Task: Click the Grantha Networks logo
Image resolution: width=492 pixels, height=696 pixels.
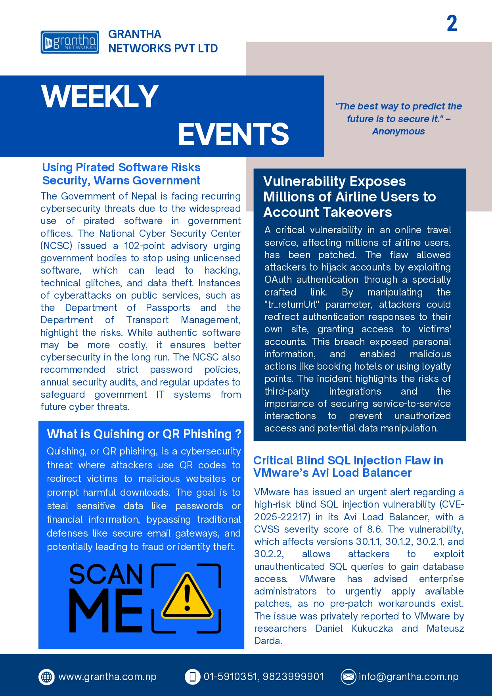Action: click(x=70, y=42)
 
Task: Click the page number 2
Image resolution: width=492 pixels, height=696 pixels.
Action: click(x=452, y=23)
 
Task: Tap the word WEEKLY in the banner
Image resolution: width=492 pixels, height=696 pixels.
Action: click(x=100, y=96)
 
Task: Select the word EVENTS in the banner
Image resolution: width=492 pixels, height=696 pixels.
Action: click(x=233, y=134)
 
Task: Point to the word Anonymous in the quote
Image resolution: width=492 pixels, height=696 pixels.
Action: click(x=398, y=131)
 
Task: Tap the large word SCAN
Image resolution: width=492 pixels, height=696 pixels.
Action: click(x=106, y=574)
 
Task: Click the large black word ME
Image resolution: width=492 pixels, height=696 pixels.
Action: click(x=106, y=610)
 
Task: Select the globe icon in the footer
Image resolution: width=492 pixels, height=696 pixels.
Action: click(x=47, y=677)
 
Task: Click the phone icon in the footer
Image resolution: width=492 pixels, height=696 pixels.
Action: click(x=193, y=677)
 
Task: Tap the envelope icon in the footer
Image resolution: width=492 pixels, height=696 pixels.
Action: click(x=348, y=677)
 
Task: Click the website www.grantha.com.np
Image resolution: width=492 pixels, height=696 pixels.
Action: click(x=107, y=677)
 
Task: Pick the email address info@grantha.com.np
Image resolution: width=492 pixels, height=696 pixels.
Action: click(x=408, y=677)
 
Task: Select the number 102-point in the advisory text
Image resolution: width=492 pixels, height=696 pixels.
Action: click(x=145, y=246)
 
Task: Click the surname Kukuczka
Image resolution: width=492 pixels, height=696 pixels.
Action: click(x=372, y=629)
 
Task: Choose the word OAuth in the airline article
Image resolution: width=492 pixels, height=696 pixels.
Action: click(x=278, y=280)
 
